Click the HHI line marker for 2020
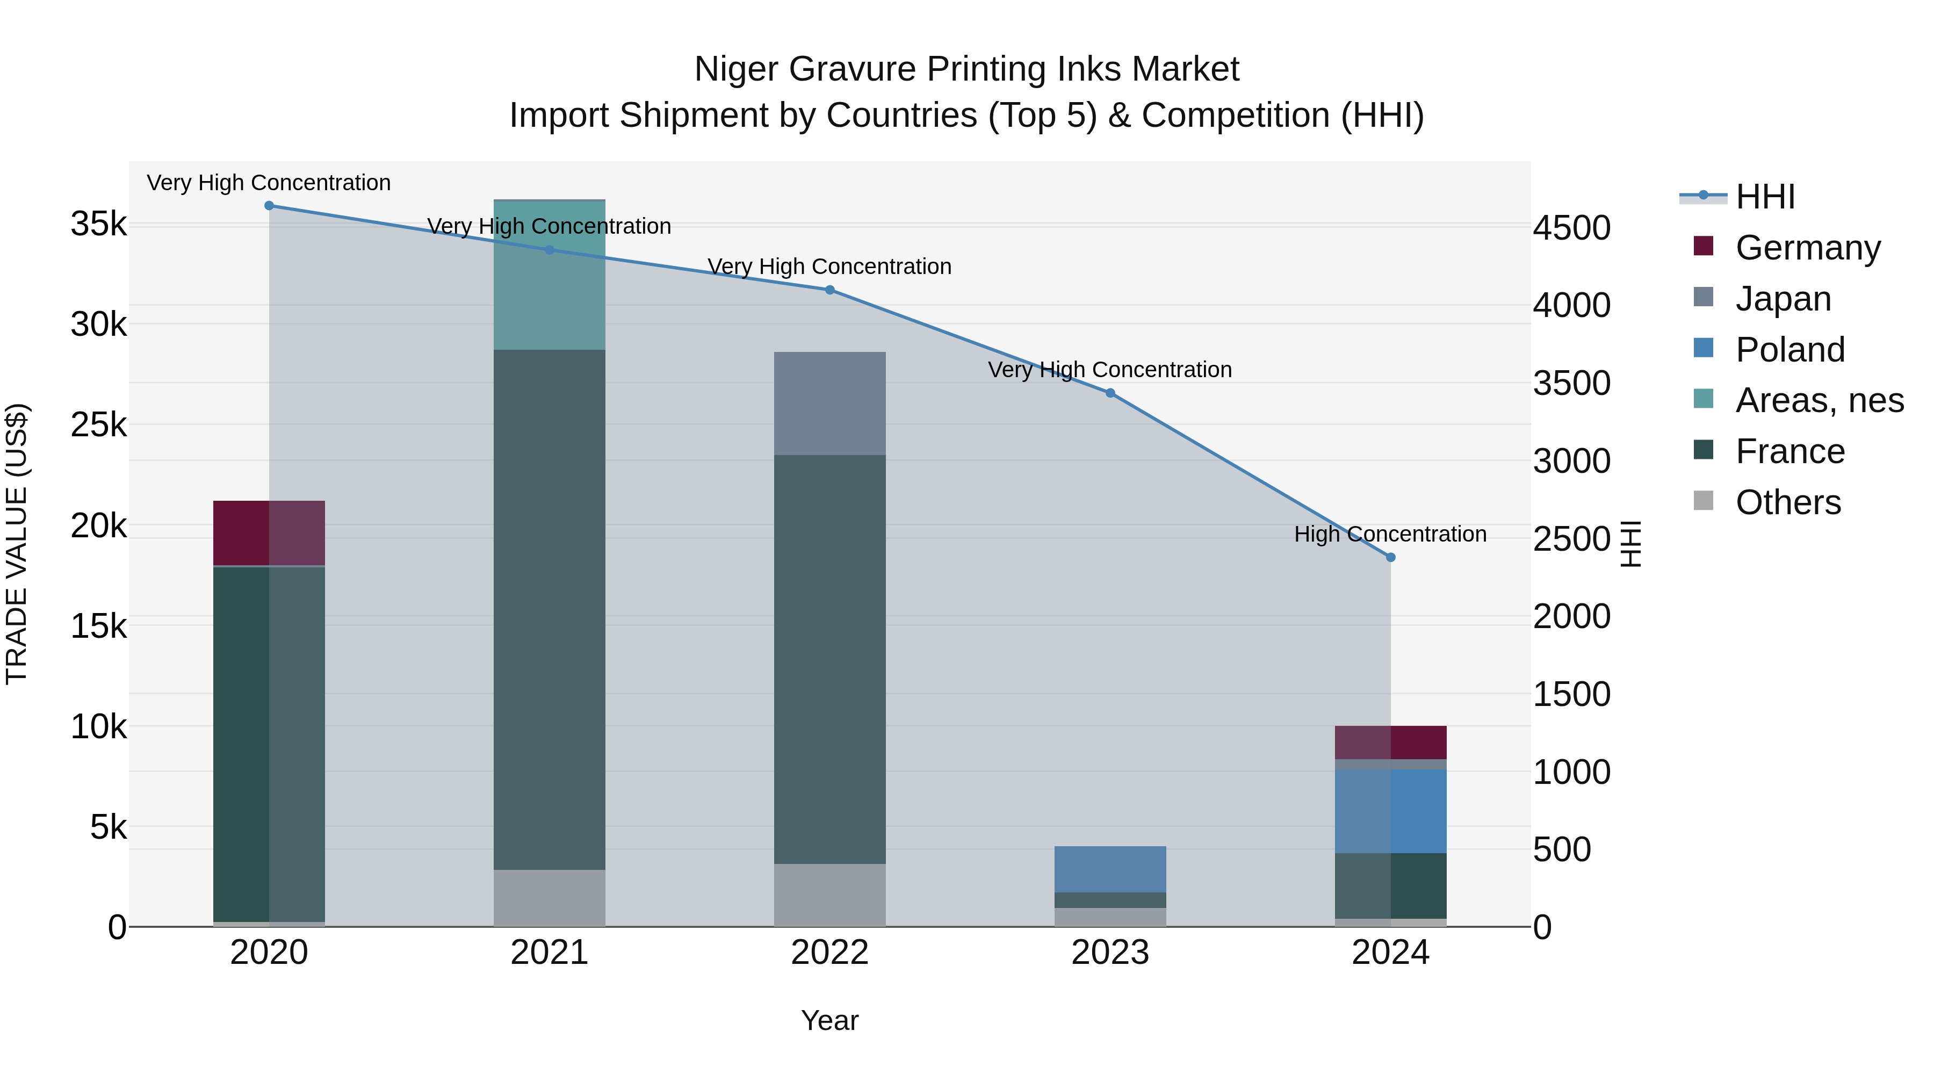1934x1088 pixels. [x=269, y=206]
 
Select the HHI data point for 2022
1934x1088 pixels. [x=829, y=290]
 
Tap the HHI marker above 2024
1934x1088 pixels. [x=1390, y=557]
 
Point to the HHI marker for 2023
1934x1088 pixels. [x=1110, y=393]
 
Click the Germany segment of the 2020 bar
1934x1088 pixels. [x=269, y=533]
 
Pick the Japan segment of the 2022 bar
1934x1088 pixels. [x=829, y=403]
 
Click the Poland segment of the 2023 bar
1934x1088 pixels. [x=1110, y=869]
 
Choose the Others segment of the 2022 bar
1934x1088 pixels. [x=829, y=895]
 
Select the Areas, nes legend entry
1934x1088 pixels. [x=1819, y=400]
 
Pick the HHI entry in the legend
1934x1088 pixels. [x=1765, y=197]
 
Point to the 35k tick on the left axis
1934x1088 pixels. [x=98, y=224]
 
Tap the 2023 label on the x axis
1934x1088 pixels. [x=1110, y=953]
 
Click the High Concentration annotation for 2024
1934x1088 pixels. [x=1390, y=534]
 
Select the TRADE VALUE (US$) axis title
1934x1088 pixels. [x=17, y=544]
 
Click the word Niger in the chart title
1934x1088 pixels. [x=736, y=69]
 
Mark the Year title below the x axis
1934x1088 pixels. [x=829, y=1020]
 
